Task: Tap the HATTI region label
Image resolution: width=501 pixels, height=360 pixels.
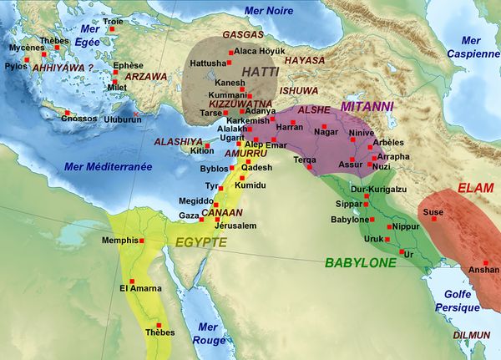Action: tap(261, 73)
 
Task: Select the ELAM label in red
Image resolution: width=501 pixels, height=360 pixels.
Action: tap(470, 188)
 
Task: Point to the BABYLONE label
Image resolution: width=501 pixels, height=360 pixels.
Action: tap(360, 263)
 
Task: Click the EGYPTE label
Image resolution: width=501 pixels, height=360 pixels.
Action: tap(200, 242)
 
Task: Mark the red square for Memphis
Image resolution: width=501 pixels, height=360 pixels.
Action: tap(143, 241)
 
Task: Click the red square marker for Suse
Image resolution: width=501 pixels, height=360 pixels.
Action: tap(433, 219)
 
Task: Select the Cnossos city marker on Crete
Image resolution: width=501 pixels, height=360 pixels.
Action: tap(63, 111)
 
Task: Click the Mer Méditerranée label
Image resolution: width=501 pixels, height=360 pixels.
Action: tap(108, 167)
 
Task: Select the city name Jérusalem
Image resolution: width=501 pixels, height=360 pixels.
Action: tap(235, 226)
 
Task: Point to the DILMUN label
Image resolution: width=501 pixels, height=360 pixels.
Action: tap(471, 335)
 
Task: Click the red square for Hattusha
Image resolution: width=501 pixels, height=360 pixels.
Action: tap(230, 63)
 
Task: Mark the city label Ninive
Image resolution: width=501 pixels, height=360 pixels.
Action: tap(362, 132)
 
